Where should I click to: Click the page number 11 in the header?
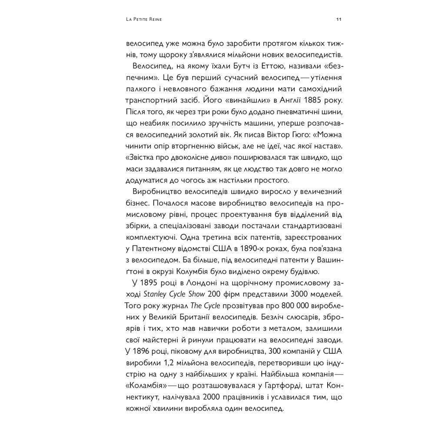click(x=339, y=20)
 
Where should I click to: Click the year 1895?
click(x=146, y=283)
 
